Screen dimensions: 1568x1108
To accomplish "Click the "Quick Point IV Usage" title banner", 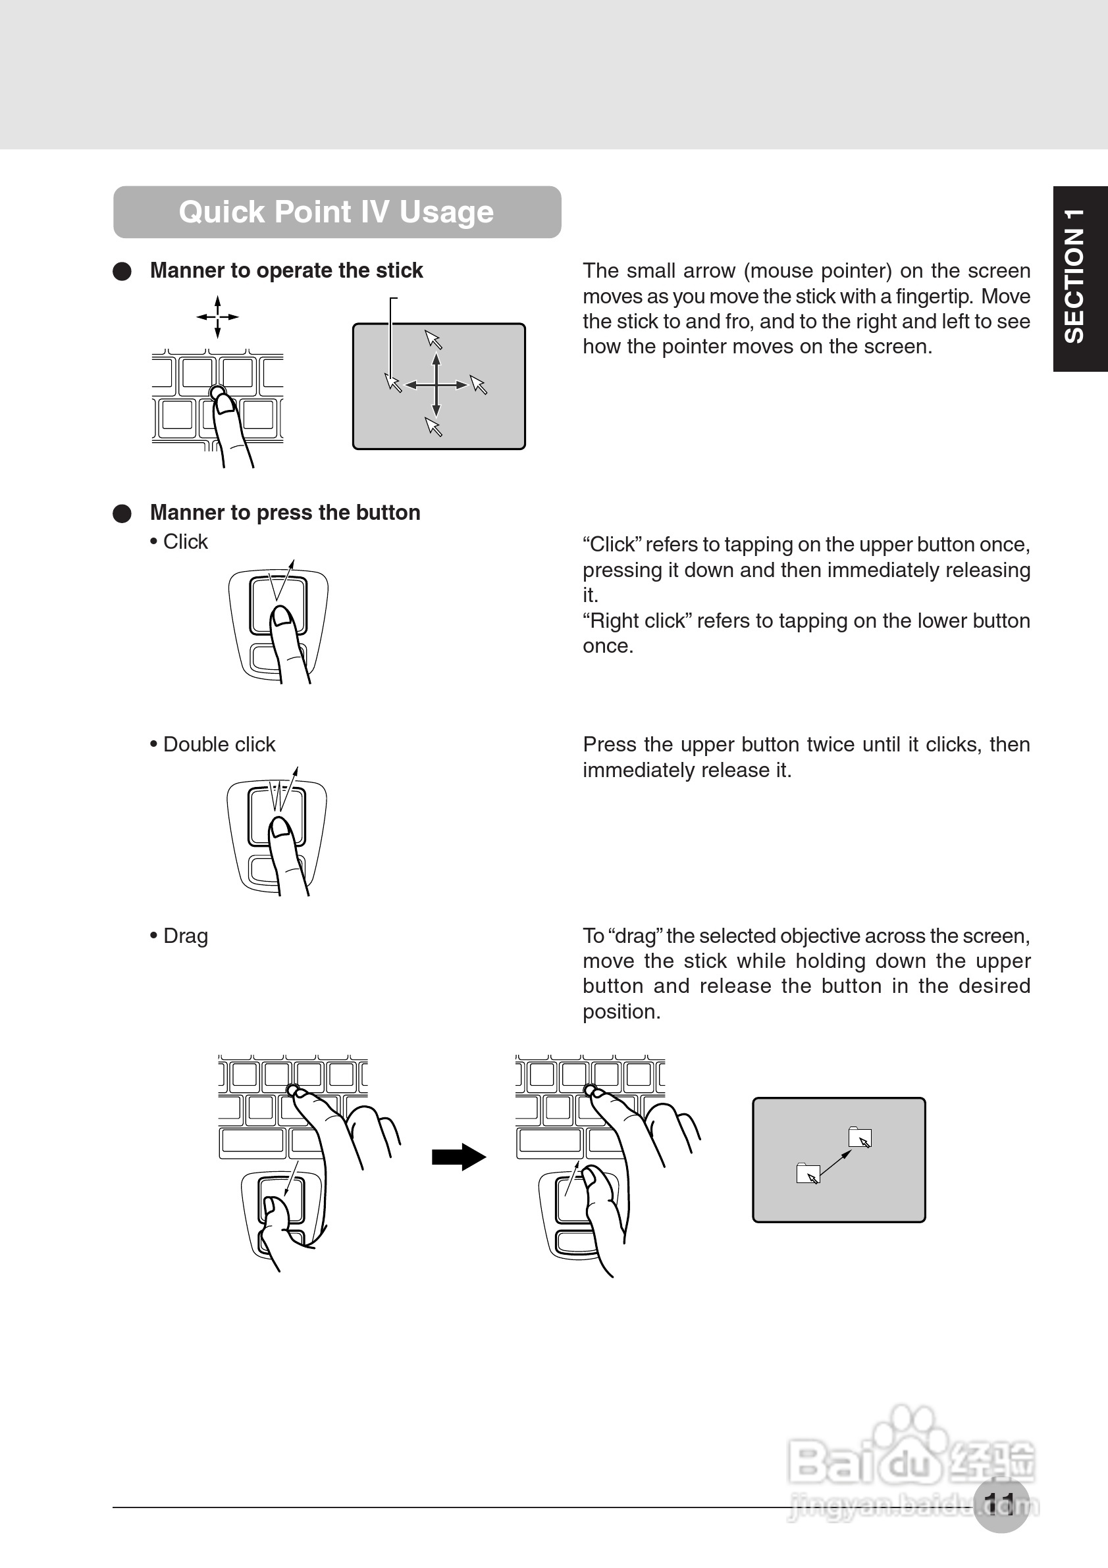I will point(337,212).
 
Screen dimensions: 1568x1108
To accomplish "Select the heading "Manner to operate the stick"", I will point(286,270).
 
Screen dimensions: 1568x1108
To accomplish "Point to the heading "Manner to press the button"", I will point(285,512).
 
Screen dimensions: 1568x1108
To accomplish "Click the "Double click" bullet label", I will point(219,744).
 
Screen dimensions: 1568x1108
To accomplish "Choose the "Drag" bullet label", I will point(185,936).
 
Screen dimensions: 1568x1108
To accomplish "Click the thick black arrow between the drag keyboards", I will point(458,1157).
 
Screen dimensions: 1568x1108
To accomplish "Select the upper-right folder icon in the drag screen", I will point(858,1136).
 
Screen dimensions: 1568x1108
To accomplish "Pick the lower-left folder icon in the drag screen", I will point(807,1173).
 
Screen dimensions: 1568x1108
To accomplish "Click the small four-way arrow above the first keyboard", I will point(217,317).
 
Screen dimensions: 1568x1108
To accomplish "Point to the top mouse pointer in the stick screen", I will point(433,340).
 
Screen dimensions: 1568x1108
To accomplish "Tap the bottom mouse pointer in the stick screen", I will point(434,427).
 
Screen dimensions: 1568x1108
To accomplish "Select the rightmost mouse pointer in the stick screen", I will point(478,385).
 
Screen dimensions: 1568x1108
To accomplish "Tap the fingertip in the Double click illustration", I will point(278,829).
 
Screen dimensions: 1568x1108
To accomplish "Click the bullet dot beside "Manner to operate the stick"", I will point(122,271).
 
